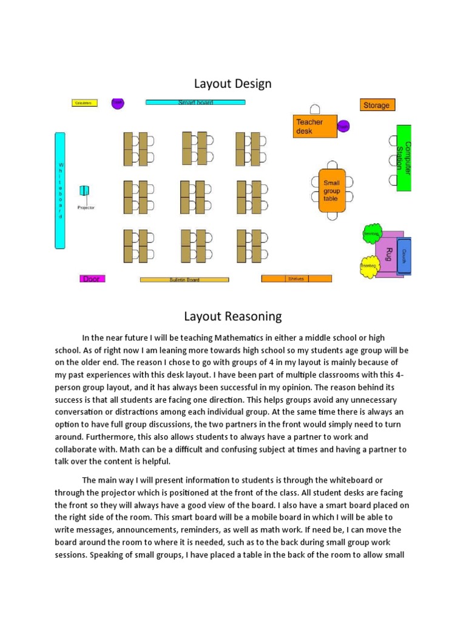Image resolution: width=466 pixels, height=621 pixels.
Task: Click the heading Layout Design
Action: coord(232,84)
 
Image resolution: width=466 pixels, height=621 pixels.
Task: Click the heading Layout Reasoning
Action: coord(232,316)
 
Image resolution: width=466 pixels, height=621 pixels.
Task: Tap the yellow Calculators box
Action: coord(84,103)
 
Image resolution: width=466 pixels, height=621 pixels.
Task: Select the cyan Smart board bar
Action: coord(195,102)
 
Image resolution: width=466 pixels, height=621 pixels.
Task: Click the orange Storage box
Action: coord(377,105)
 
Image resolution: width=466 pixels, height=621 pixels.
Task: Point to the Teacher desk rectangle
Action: coord(315,126)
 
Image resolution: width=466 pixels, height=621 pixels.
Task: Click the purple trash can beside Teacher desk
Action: coord(343,126)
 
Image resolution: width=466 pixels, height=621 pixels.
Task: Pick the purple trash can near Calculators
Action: coord(118,103)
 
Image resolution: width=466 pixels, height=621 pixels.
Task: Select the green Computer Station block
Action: coord(404,158)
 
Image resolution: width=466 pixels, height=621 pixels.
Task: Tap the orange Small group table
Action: coord(331,190)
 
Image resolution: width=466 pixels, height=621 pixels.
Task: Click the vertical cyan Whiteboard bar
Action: coord(60,190)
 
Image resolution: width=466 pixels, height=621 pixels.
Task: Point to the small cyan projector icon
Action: coord(84,191)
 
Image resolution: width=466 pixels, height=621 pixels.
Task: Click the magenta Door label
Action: coord(92,279)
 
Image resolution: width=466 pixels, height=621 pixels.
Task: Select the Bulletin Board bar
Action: coord(184,280)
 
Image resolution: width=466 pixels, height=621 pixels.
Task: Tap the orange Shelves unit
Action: coord(296,279)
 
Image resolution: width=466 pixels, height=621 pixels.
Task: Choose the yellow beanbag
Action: coord(368,267)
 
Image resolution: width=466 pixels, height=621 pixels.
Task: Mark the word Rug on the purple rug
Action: coord(389,253)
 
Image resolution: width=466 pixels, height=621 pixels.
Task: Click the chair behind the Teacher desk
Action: coord(315,109)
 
